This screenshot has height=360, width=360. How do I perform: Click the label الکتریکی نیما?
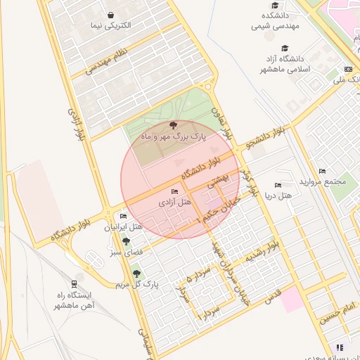(x=111, y=26)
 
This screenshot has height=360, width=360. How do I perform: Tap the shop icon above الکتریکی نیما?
(x=111, y=15)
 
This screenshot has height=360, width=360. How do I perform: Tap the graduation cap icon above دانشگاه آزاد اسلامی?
(x=285, y=49)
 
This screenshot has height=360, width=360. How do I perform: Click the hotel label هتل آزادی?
(x=174, y=202)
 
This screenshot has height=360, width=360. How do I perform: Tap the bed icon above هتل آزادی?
(x=175, y=191)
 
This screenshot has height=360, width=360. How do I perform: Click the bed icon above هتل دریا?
(x=278, y=185)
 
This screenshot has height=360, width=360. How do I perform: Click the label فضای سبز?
(x=124, y=250)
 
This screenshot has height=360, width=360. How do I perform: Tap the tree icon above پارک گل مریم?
(x=136, y=274)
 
